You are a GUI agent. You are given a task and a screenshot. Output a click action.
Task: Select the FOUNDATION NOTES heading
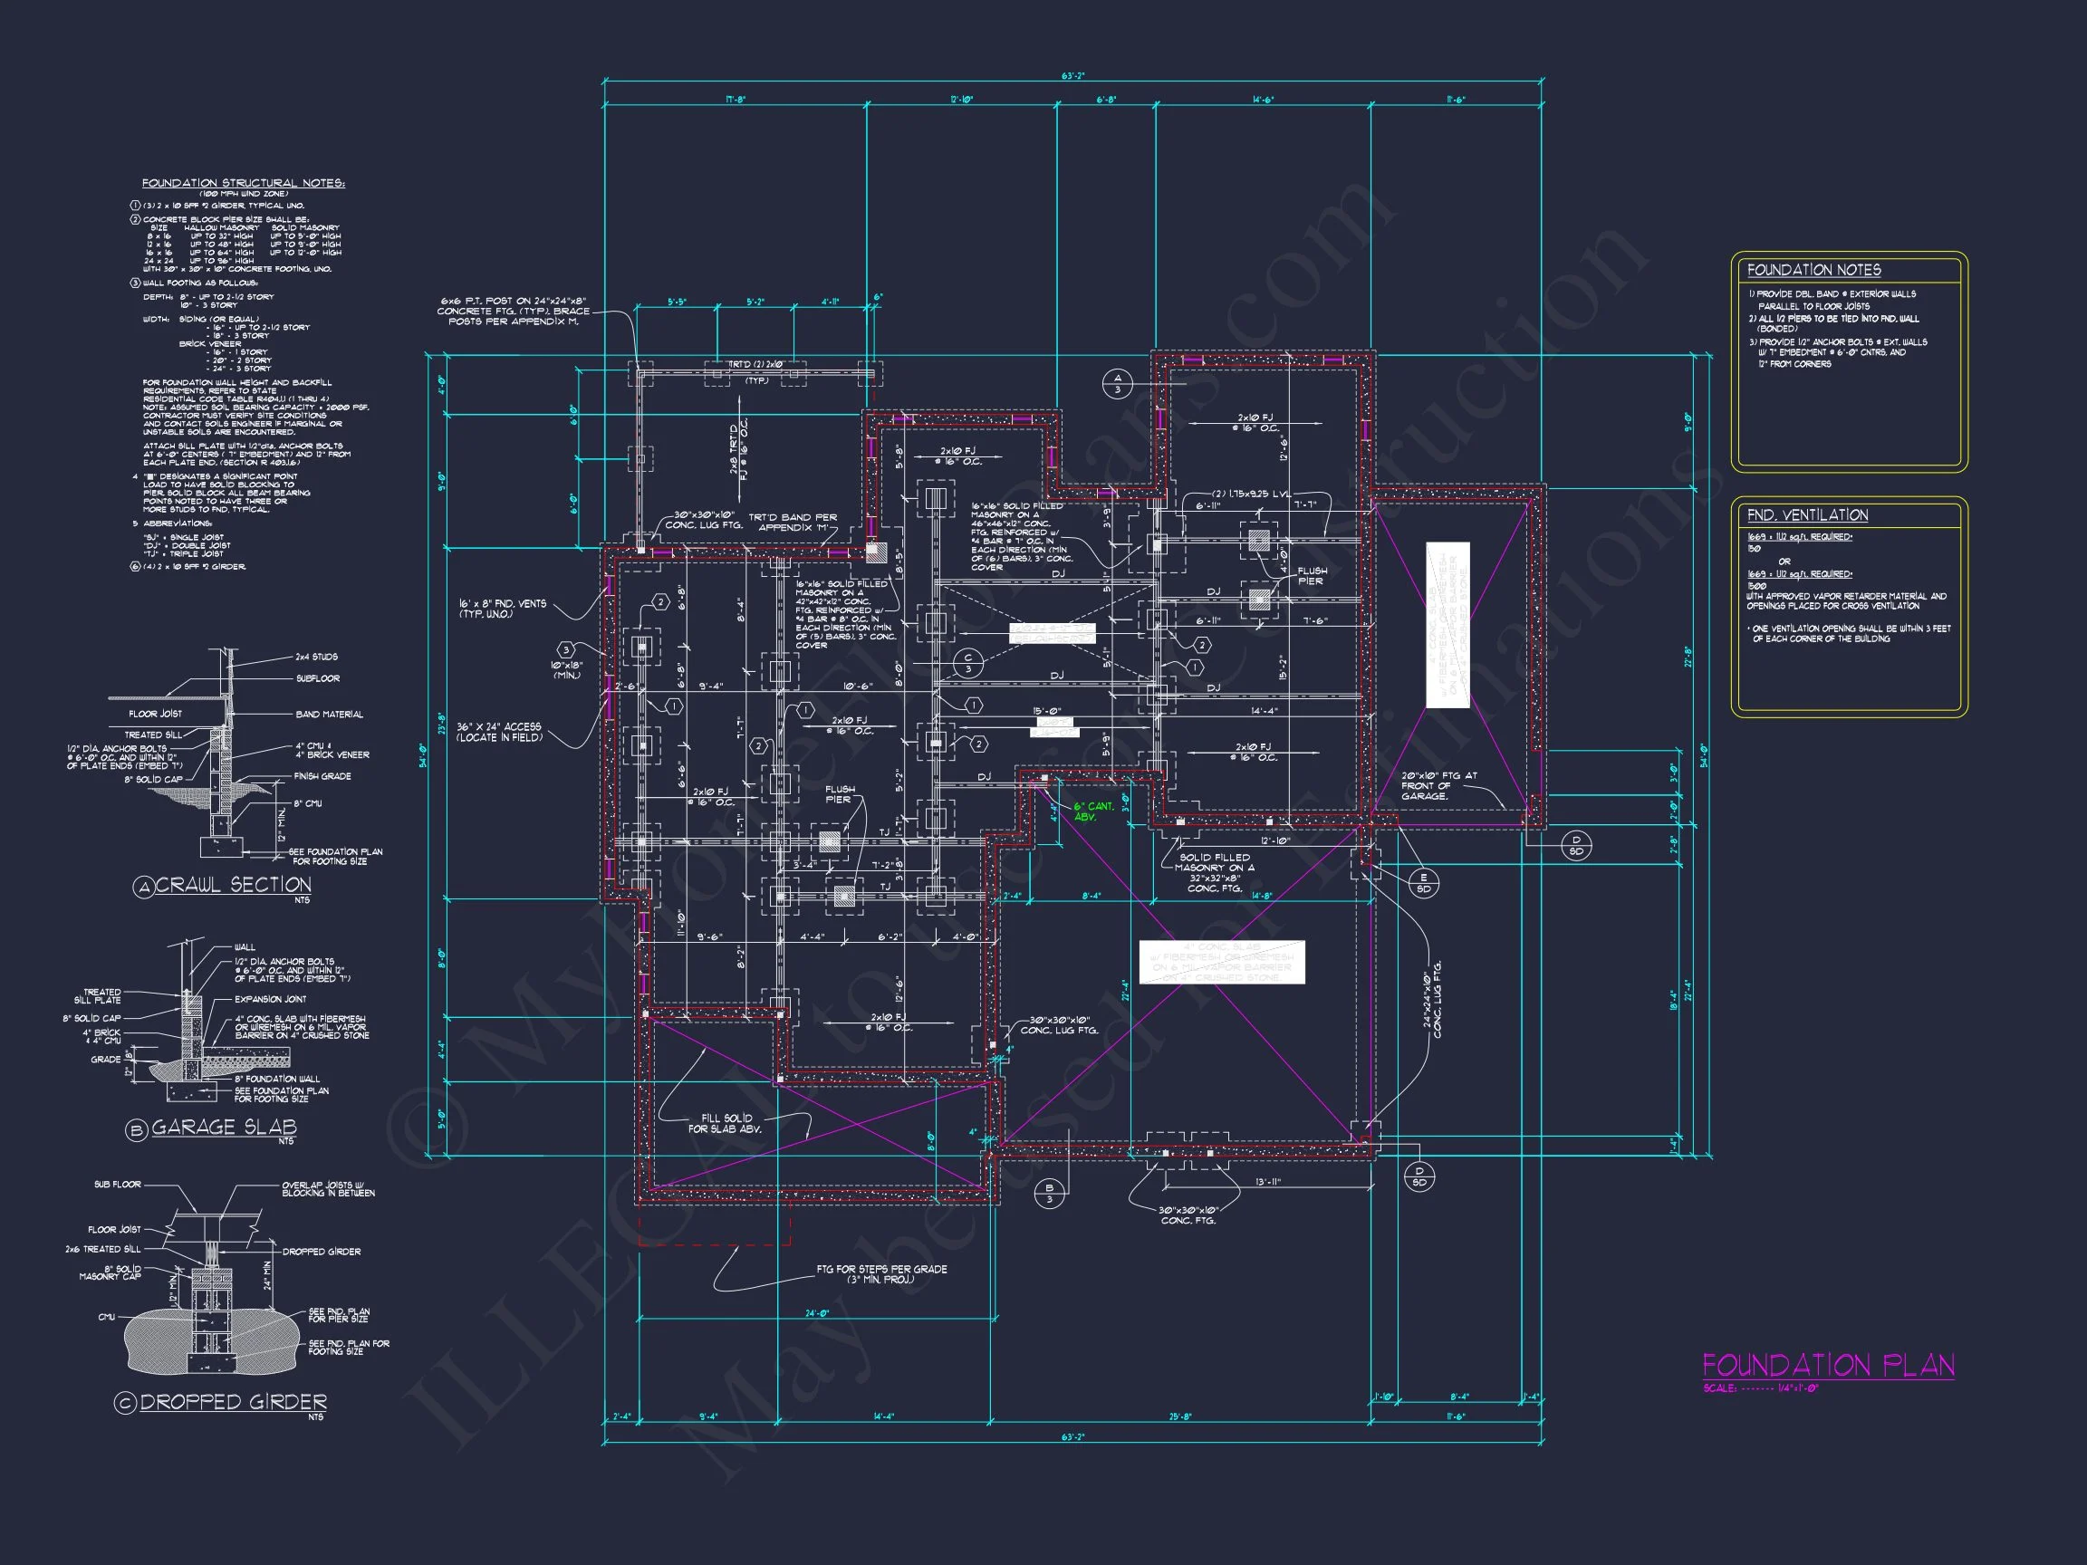click(x=1813, y=271)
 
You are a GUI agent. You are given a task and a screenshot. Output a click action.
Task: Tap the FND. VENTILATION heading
click(x=1807, y=515)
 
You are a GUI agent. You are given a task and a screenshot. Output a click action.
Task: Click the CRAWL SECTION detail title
click(x=232, y=885)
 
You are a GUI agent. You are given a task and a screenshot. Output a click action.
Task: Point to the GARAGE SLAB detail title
click(x=224, y=1128)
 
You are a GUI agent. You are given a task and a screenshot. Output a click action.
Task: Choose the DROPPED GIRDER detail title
click(x=233, y=1403)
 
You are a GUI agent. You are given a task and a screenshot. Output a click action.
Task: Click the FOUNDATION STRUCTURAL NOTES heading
click(x=244, y=183)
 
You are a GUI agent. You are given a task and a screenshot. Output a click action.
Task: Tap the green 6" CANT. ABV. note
click(x=1092, y=811)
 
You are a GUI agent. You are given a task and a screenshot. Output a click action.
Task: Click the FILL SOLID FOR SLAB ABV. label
click(x=726, y=1124)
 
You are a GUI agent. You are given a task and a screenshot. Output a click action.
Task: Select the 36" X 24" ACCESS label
click(x=499, y=732)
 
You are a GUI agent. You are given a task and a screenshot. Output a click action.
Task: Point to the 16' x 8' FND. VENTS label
click(x=502, y=609)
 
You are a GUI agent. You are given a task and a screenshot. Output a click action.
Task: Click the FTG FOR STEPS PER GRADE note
click(x=880, y=1274)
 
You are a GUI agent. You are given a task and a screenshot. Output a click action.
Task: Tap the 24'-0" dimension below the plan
click(x=816, y=1314)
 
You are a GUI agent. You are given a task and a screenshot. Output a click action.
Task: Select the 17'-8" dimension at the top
click(x=735, y=99)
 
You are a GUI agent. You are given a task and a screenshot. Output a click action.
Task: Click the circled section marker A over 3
click(x=1117, y=383)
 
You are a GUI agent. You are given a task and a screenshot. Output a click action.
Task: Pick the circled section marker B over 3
click(x=1048, y=1194)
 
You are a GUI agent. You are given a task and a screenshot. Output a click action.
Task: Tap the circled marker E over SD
click(x=1423, y=884)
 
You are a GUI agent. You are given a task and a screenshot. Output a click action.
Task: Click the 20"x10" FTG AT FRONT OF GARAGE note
click(x=1438, y=786)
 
